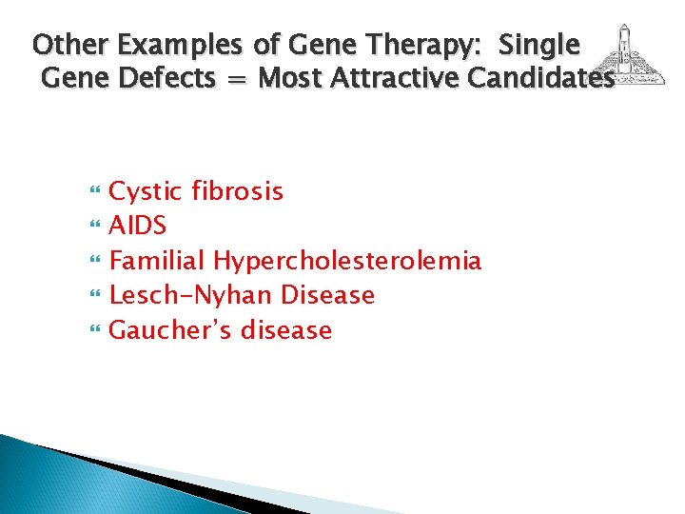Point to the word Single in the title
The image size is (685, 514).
(x=538, y=44)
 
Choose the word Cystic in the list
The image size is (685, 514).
(x=147, y=191)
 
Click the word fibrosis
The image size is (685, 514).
(x=238, y=190)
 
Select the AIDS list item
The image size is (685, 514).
(x=138, y=226)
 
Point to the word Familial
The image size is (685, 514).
(x=157, y=260)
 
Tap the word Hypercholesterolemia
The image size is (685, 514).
(x=347, y=261)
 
